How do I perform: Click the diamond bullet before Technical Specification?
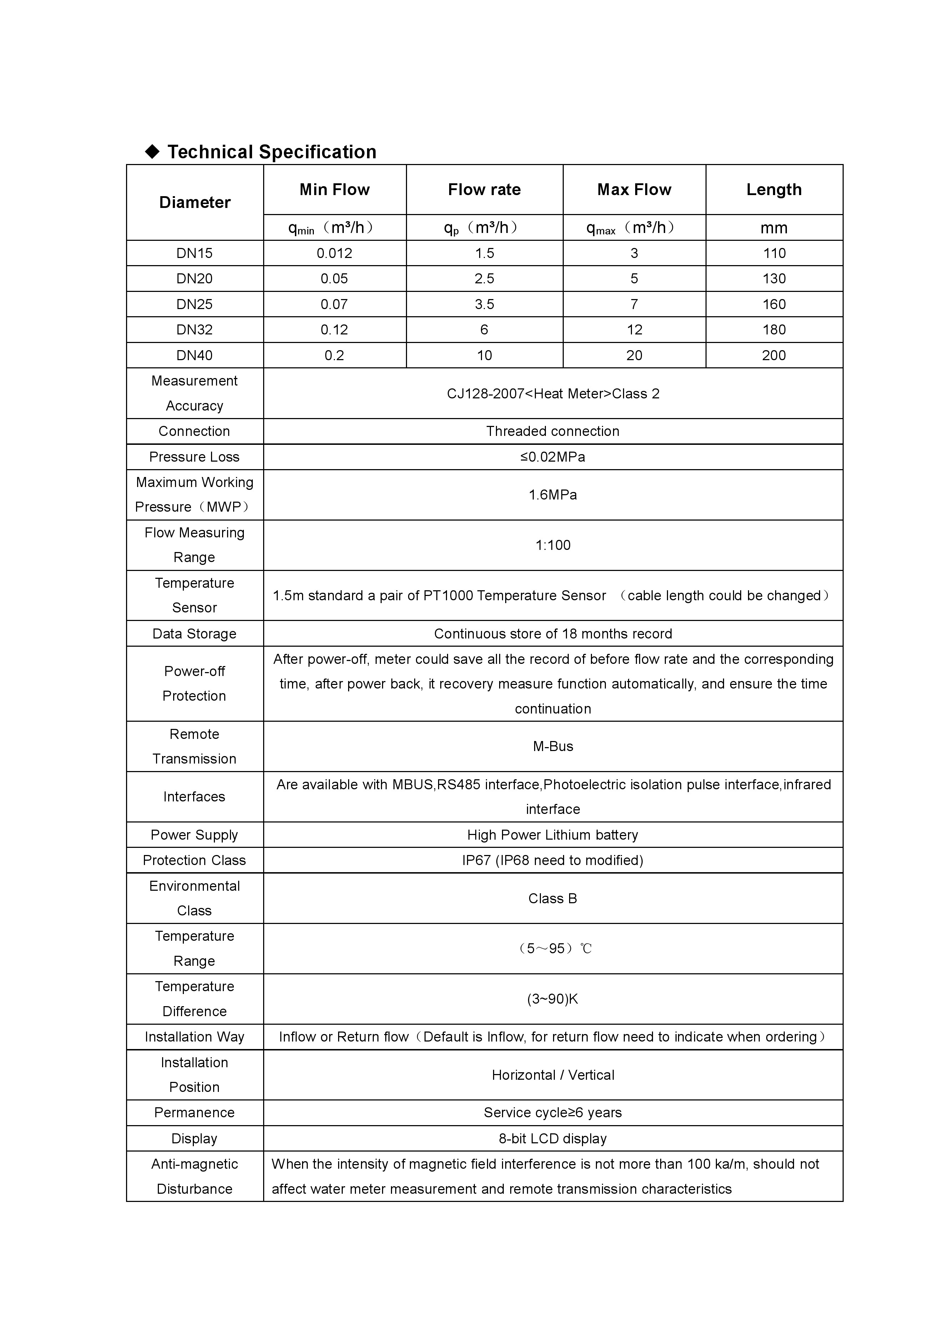coord(152,152)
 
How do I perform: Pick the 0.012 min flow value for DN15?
coord(334,253)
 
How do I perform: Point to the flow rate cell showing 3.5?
coord(484,304)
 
